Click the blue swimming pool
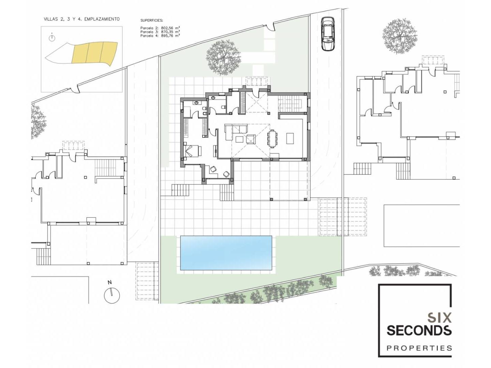pos(226,253)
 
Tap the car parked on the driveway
pos(328,34)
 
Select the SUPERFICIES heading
pos(152,20)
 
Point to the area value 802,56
pos(167,28)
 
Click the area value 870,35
pos(167,32)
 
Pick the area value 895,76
pos(167,35)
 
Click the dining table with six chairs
pos(272,139)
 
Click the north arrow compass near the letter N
pos(112,295)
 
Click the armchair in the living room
pos(251,139)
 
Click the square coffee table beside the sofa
pos(239,139)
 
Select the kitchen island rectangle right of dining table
pos(290,138)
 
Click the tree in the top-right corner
pos(400,37)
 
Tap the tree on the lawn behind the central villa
pos(223,58)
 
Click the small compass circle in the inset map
pos(52,38)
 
